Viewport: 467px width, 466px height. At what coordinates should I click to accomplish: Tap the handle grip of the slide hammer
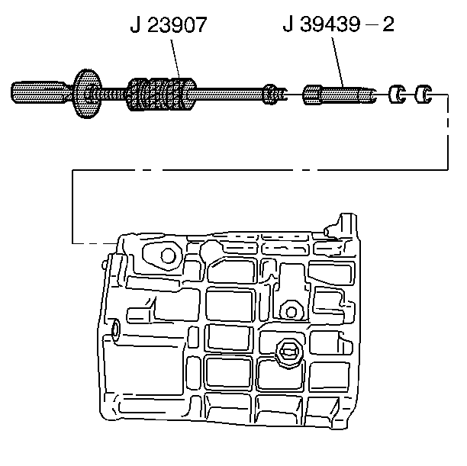[x=37, y=95]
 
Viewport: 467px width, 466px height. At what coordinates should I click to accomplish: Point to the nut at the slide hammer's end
[x=271, y=95]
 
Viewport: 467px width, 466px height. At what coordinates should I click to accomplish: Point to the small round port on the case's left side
[x=114, y=329]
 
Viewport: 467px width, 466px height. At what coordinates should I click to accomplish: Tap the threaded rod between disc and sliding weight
[x=115, y=95]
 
